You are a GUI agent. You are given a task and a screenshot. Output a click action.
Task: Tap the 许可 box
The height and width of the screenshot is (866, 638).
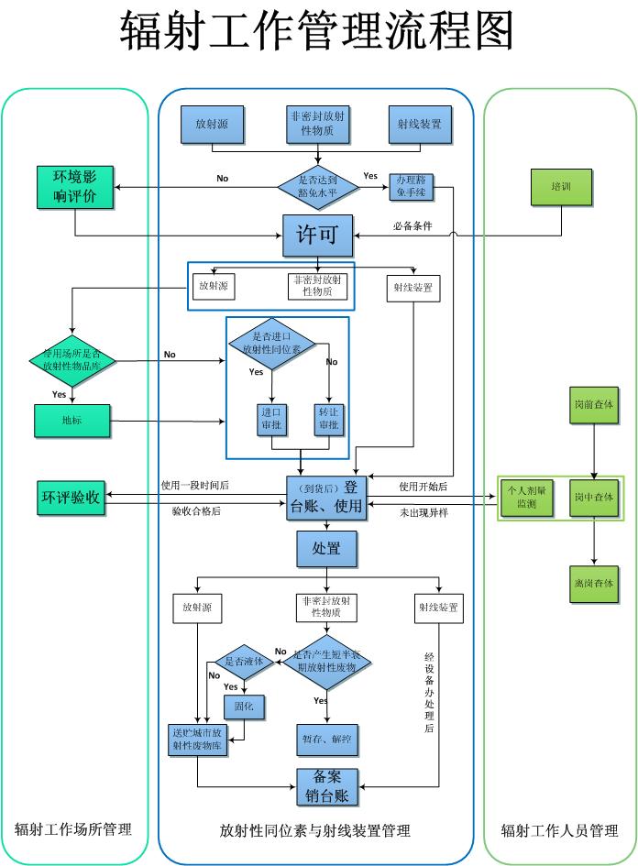(x=317, y=235)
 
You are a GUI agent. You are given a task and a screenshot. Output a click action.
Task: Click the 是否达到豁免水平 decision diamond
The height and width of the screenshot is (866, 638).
(x=317, y=187)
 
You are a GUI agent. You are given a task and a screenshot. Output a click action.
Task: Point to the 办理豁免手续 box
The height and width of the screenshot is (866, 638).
(x=412, y=187)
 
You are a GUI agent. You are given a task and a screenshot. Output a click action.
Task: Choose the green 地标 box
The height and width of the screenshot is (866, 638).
(x=72, y=421)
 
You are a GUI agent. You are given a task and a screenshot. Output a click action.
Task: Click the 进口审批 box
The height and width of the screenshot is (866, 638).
(x=272, y=420)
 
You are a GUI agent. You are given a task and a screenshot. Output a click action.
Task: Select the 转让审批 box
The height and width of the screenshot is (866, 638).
(x=329, y=420)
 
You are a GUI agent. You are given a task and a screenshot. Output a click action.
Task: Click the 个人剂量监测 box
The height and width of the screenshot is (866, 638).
(x=526, y=498)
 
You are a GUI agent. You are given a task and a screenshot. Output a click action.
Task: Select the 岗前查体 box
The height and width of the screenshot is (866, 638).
(x=594, y=404)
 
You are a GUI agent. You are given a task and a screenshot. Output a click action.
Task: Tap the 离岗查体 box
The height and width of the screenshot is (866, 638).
(x=594, y=583)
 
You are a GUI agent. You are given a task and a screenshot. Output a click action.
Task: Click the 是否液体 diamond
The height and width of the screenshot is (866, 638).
(x=243, y=662)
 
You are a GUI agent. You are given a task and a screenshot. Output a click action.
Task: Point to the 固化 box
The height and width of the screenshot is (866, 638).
(x=243, y=707)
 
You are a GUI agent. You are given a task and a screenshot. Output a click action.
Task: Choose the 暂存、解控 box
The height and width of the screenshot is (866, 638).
(x=327, y=738)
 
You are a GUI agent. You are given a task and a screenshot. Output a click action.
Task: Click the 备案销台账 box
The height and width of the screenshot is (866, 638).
(x=327, y=785)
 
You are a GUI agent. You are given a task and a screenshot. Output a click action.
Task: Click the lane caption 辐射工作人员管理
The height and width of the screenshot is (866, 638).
(x=559, y=831)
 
